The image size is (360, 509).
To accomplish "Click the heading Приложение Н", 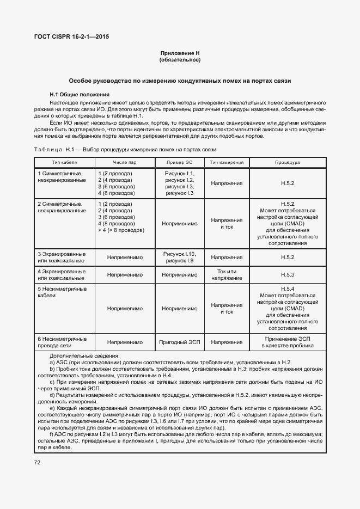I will tap(180, 53).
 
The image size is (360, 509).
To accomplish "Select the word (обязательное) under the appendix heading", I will tap(180, 59).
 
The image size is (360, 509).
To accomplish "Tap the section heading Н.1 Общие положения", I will tap(80, 94).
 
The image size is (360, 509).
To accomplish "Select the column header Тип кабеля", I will tap(64, 162).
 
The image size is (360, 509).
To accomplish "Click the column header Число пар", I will tap(125, 162).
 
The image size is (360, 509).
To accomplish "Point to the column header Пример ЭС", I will tap(179, 162).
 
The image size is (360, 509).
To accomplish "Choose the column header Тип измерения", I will tap(227, 162).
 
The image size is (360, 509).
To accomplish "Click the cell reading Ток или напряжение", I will tap(227, 274).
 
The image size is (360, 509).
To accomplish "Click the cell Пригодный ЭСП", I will tap(179, 342).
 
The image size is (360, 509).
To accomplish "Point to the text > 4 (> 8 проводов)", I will tap(121, 230).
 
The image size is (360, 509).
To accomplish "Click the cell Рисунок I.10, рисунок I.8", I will tap(179, 257).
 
